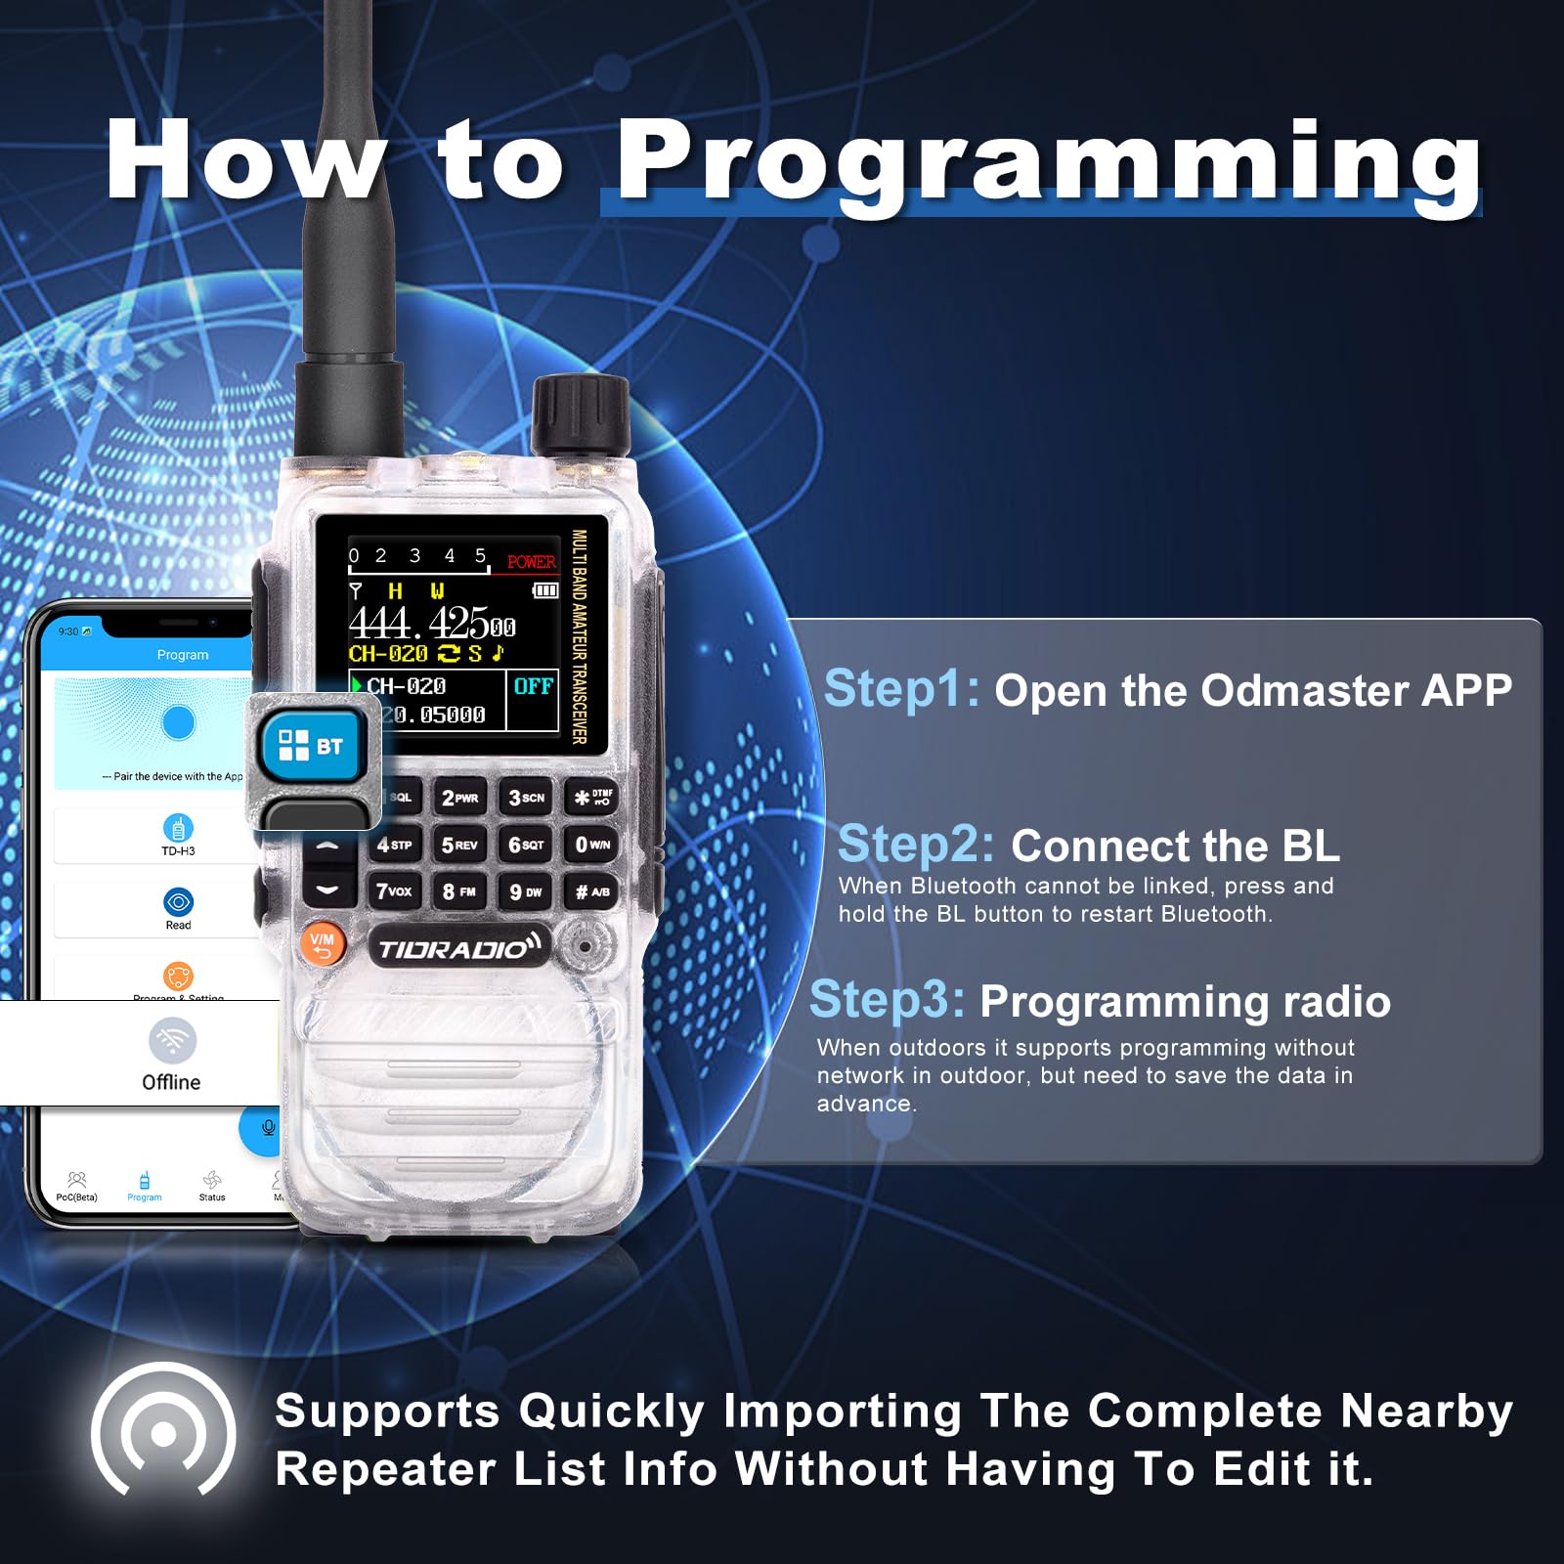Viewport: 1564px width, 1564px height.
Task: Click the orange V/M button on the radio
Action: coord(322,943)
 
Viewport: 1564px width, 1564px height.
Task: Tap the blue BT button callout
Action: coord(312,747)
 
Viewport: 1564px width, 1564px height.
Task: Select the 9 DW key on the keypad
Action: coord(526,891)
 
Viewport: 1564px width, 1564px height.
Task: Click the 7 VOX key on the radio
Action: coord(394,891)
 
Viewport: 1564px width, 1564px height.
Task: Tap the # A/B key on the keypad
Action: coord(592,891)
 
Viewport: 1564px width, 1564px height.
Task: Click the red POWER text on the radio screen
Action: coord(531,562)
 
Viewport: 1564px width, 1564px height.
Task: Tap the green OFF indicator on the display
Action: coord(533,686)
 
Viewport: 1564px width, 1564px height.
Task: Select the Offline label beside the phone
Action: coord(171,1082)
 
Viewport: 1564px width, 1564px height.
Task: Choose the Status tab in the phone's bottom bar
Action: coord(212,1185)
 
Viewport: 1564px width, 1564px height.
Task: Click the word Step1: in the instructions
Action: coord(901,688)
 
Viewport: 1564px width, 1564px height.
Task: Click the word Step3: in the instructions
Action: coord(887,999)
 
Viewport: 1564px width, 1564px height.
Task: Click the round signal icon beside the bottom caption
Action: coord(163,1432)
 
